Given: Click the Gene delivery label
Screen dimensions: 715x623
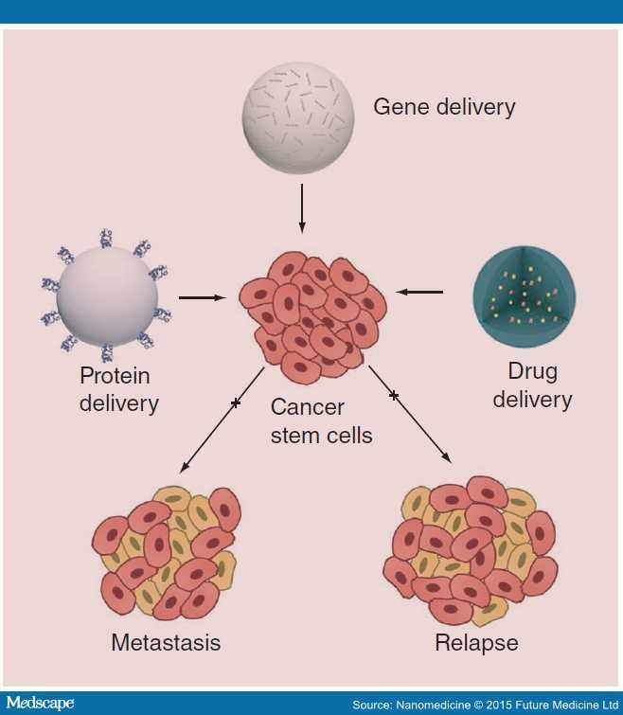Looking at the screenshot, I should [444, 106].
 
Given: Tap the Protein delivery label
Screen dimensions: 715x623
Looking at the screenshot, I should [118, 390].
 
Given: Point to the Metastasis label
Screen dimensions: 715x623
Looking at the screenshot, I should [166, 643].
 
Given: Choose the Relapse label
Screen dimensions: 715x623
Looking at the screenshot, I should [476, 643].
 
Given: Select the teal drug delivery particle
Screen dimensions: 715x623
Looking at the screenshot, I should [518, 295].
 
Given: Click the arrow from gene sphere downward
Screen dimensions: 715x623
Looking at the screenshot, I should [302, 208].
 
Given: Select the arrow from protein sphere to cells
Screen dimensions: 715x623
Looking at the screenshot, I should [203, 297].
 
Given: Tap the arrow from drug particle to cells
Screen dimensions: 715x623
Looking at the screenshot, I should [420, 292].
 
